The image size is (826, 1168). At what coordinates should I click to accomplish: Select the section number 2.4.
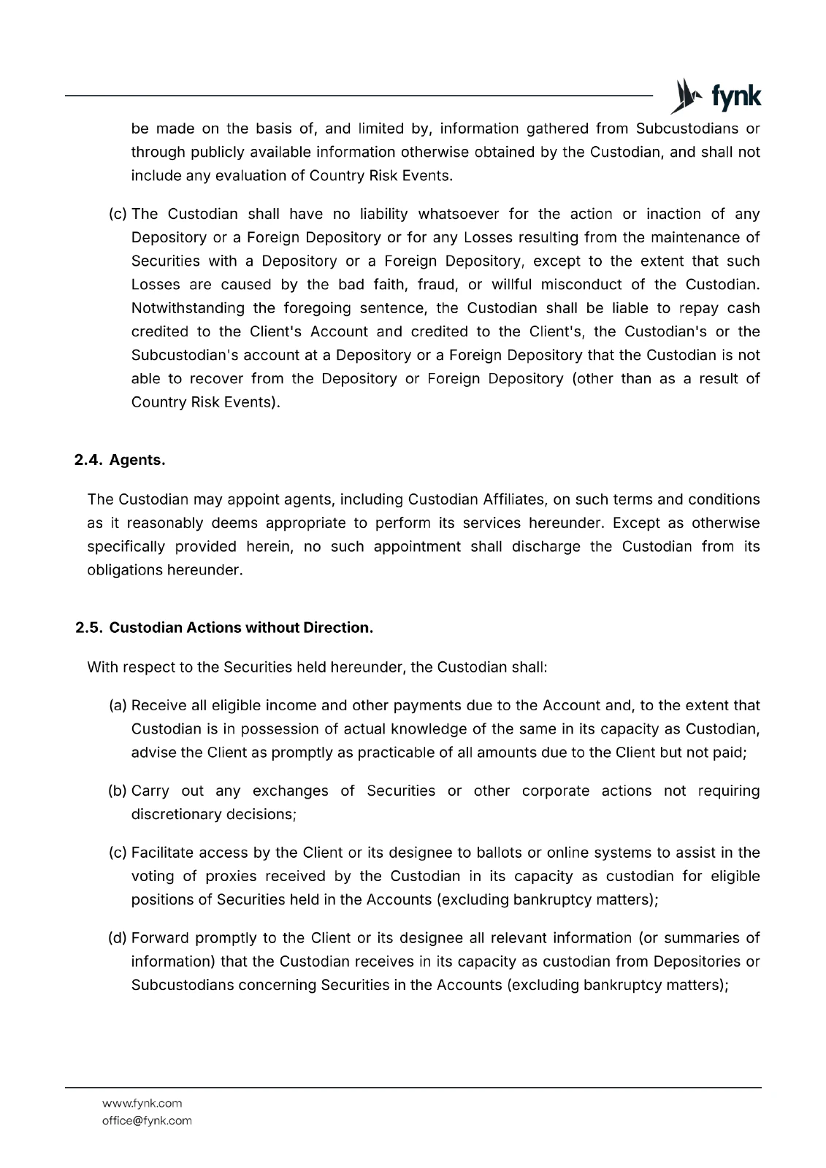[88, 460]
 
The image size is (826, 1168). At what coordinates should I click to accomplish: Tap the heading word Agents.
[137, 460]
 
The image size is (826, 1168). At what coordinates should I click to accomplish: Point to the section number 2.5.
[88, 628]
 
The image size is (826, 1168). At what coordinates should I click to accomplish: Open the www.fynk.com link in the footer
[142, 1103]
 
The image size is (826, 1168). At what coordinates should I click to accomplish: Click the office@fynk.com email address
[147, 1121]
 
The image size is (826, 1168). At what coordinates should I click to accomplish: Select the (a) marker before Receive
[118, 706]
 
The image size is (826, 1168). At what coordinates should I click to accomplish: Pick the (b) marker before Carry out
[118, 791]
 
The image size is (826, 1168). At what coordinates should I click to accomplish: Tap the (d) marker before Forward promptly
[118, 938]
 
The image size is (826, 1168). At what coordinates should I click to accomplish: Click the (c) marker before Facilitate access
[118, 853]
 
